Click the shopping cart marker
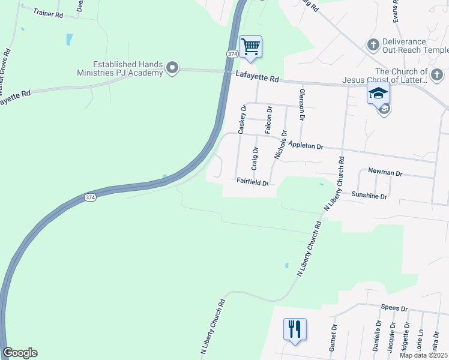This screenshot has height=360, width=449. click(x=250, y=46)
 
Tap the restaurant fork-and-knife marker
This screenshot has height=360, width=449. click(x=295, y=329)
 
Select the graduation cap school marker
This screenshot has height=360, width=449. click(x=379, y=93)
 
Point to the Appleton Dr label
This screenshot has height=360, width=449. click(x=306, y=145)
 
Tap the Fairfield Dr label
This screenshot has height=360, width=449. click(x=252, y=181)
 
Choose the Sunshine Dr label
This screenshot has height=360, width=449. click(x=370, y=196)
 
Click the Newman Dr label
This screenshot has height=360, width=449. click(x=385, y=172)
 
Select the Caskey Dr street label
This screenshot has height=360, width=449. click(x=243, y=119)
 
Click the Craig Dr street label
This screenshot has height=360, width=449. click(x=255, y=158)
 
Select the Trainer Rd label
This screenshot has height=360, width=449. click(x=49, y=12)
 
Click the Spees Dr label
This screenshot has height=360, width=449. click(x=394, y=308)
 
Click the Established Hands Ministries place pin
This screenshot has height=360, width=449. click(x=172, y=68)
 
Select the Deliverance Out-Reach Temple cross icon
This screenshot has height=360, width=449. click(x=372, y=45)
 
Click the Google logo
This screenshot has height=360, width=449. click(x=20, y=353)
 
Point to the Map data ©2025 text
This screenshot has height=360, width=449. click(x=423, y=355)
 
